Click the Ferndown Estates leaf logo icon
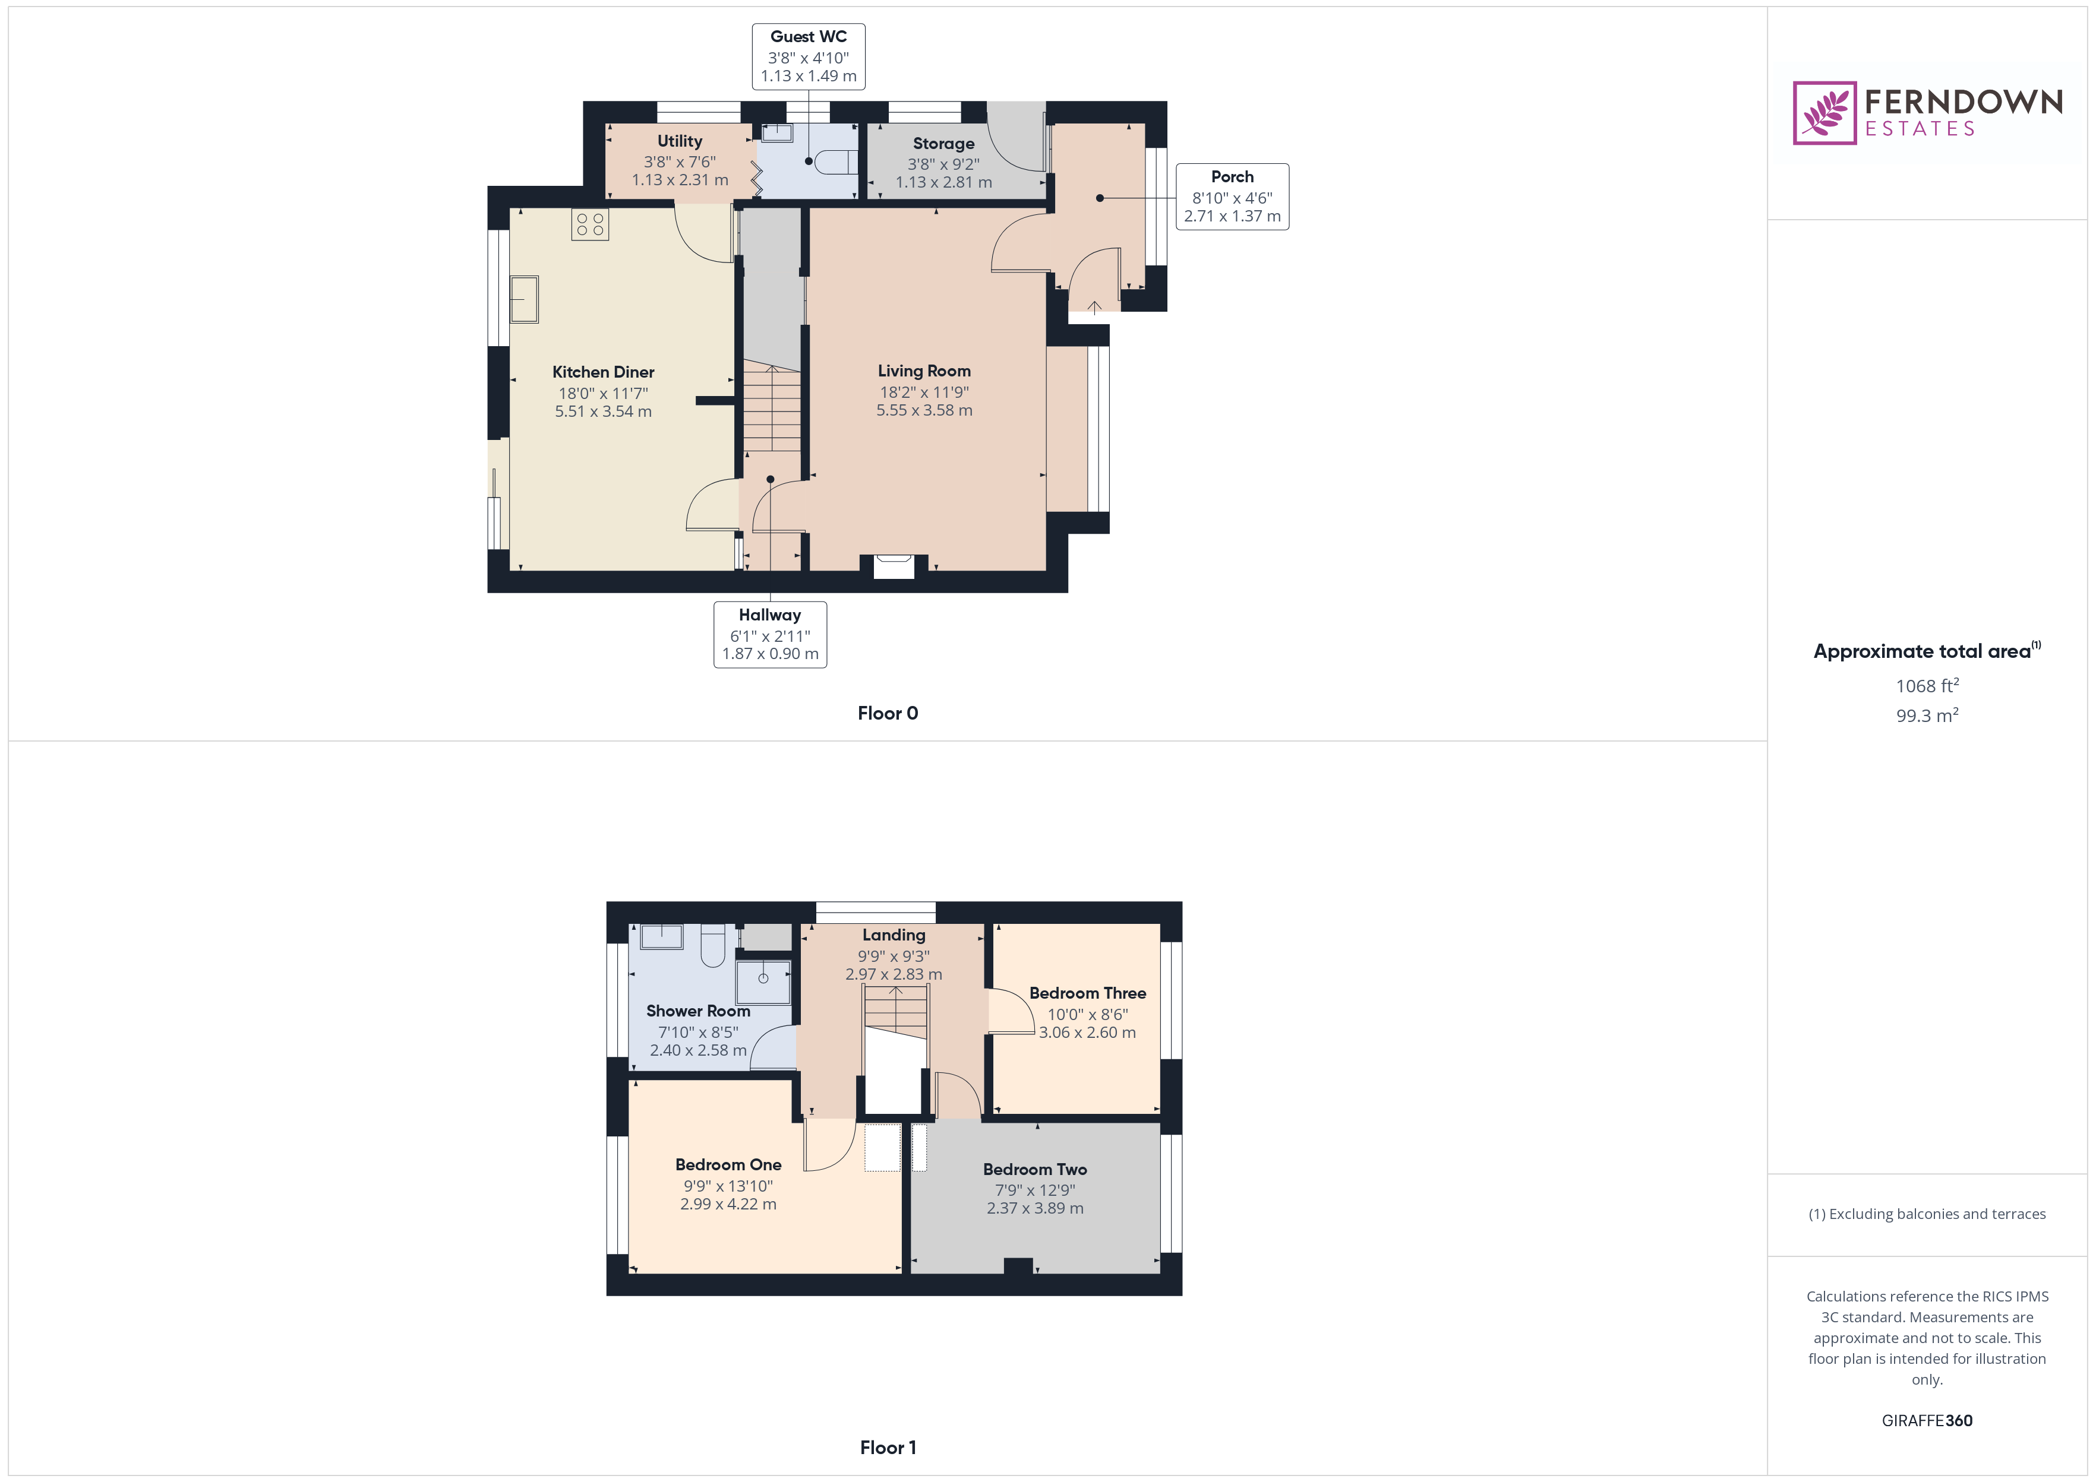[1823, 113]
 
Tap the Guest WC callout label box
[808, 56]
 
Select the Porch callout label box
[1232, 196]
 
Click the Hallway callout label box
[769, 634]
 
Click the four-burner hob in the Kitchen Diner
[590, 224]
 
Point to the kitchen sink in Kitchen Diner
[524, 299]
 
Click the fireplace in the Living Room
[893, 566]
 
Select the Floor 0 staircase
[772, 408]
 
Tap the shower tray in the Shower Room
[763, 980]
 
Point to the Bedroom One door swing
[829, 1146]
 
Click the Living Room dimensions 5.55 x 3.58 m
[924, 411]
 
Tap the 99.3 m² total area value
[1926, 715]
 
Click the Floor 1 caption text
[888, 1448]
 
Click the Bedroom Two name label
[1034, 1169]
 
